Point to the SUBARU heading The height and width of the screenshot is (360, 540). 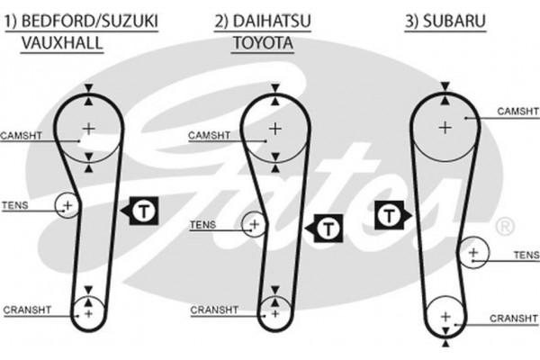point(440,20)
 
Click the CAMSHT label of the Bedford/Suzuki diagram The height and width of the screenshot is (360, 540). point(21,135)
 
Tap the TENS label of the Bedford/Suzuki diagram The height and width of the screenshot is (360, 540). point(15,206)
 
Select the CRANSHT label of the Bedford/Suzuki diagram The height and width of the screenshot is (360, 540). point(24,310)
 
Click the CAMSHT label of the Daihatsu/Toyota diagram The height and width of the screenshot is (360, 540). point(207,136)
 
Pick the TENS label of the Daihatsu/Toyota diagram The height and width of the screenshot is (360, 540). point(203,224)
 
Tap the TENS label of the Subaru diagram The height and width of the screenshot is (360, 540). point(524,255)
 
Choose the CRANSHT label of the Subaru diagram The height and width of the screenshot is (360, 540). point(514,318)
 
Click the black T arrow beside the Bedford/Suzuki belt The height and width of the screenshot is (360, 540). point(139,211)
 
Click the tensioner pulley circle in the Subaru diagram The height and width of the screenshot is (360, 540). point(472,253)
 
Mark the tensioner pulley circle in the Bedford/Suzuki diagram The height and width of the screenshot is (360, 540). point(67,206)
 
